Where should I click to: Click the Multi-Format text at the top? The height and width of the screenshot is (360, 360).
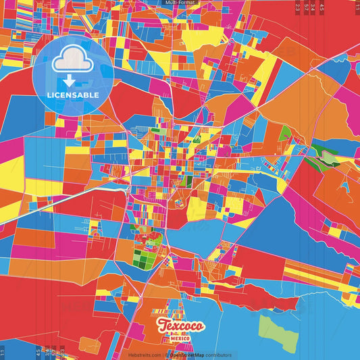point(179,3)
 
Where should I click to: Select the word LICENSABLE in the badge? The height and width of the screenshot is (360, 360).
point(72,95)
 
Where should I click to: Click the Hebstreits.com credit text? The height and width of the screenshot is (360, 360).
point(143,355)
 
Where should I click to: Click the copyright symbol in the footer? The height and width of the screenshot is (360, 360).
point(164,355)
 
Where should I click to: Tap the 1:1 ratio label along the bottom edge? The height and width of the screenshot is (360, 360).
point(3,353)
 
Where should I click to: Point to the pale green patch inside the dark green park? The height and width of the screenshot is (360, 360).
point(328,157)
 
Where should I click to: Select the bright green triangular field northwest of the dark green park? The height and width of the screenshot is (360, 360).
point(286,132)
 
